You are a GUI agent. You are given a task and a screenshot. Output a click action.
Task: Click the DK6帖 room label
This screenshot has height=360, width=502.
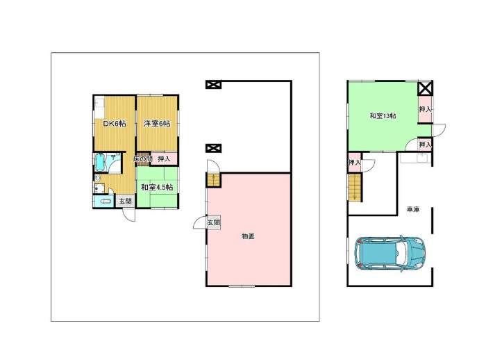point(115,124)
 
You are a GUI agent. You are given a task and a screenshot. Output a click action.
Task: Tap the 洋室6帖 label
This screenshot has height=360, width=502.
point(157,124)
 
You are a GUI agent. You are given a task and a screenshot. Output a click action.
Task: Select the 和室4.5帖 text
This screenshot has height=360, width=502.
point(157,187)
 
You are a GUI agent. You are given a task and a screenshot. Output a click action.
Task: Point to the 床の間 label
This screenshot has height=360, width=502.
point(142,158)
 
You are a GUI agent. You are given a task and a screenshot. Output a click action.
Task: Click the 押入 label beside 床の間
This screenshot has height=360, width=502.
point(164,158)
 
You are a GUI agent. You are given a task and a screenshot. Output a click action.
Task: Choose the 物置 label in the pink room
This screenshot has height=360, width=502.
point(248,236)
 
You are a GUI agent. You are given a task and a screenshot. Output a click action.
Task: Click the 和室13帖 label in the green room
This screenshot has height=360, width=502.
point(383,116)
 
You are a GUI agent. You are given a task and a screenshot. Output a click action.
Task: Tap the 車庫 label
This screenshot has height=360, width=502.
point(413,210)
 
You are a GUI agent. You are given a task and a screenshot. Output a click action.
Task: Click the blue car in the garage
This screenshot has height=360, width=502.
point(390,252)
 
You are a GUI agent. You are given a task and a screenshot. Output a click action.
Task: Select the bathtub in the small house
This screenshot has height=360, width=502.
point(100,163)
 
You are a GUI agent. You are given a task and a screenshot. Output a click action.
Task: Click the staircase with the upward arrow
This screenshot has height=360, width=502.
point(214,180)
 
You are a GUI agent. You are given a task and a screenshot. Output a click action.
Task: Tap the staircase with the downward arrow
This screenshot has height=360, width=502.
point(354,187)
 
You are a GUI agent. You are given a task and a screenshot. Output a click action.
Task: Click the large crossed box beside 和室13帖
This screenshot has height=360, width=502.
point(425,88)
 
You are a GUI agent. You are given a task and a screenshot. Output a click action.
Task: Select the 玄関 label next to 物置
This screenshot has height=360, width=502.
point(213,222)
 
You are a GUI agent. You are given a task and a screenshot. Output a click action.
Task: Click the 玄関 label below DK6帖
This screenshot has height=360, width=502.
point(126,202)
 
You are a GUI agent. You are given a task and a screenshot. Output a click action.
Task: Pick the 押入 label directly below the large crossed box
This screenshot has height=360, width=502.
point(425,109)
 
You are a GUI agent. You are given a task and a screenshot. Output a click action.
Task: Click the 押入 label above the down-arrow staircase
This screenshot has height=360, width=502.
point(354,163)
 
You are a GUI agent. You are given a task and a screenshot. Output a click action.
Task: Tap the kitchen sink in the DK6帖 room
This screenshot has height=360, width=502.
point(99,104)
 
